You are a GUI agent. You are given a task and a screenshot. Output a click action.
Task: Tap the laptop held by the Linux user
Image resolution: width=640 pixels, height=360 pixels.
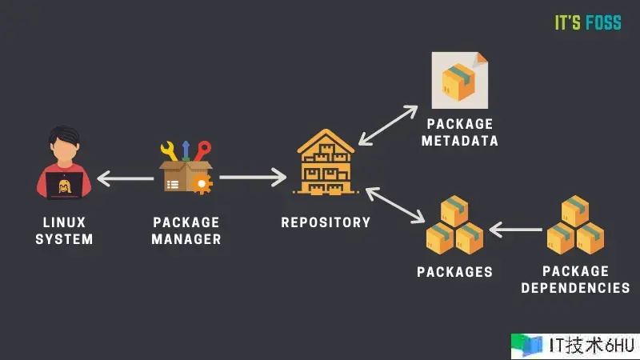[62, 186]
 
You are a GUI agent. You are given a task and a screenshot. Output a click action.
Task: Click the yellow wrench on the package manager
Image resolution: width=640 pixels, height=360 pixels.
[169, 151]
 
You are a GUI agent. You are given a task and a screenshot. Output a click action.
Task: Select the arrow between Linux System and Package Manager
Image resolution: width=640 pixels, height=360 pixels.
[125, 178]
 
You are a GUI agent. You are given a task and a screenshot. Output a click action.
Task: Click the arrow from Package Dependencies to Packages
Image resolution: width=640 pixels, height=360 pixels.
[515, 231]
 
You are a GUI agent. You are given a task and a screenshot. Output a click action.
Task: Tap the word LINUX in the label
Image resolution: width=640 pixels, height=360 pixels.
[64, 222]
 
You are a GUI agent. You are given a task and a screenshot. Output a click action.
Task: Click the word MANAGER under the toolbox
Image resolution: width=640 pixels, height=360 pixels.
[186, 238]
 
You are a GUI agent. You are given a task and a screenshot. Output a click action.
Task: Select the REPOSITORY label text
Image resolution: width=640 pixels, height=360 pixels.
[326, 222]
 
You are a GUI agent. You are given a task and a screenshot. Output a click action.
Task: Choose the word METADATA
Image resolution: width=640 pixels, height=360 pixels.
[461, 141]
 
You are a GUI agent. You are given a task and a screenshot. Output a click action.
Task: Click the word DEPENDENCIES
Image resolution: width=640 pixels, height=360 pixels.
[575, 287]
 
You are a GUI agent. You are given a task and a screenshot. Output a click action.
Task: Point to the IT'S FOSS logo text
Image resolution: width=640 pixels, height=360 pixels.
[588, 22]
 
